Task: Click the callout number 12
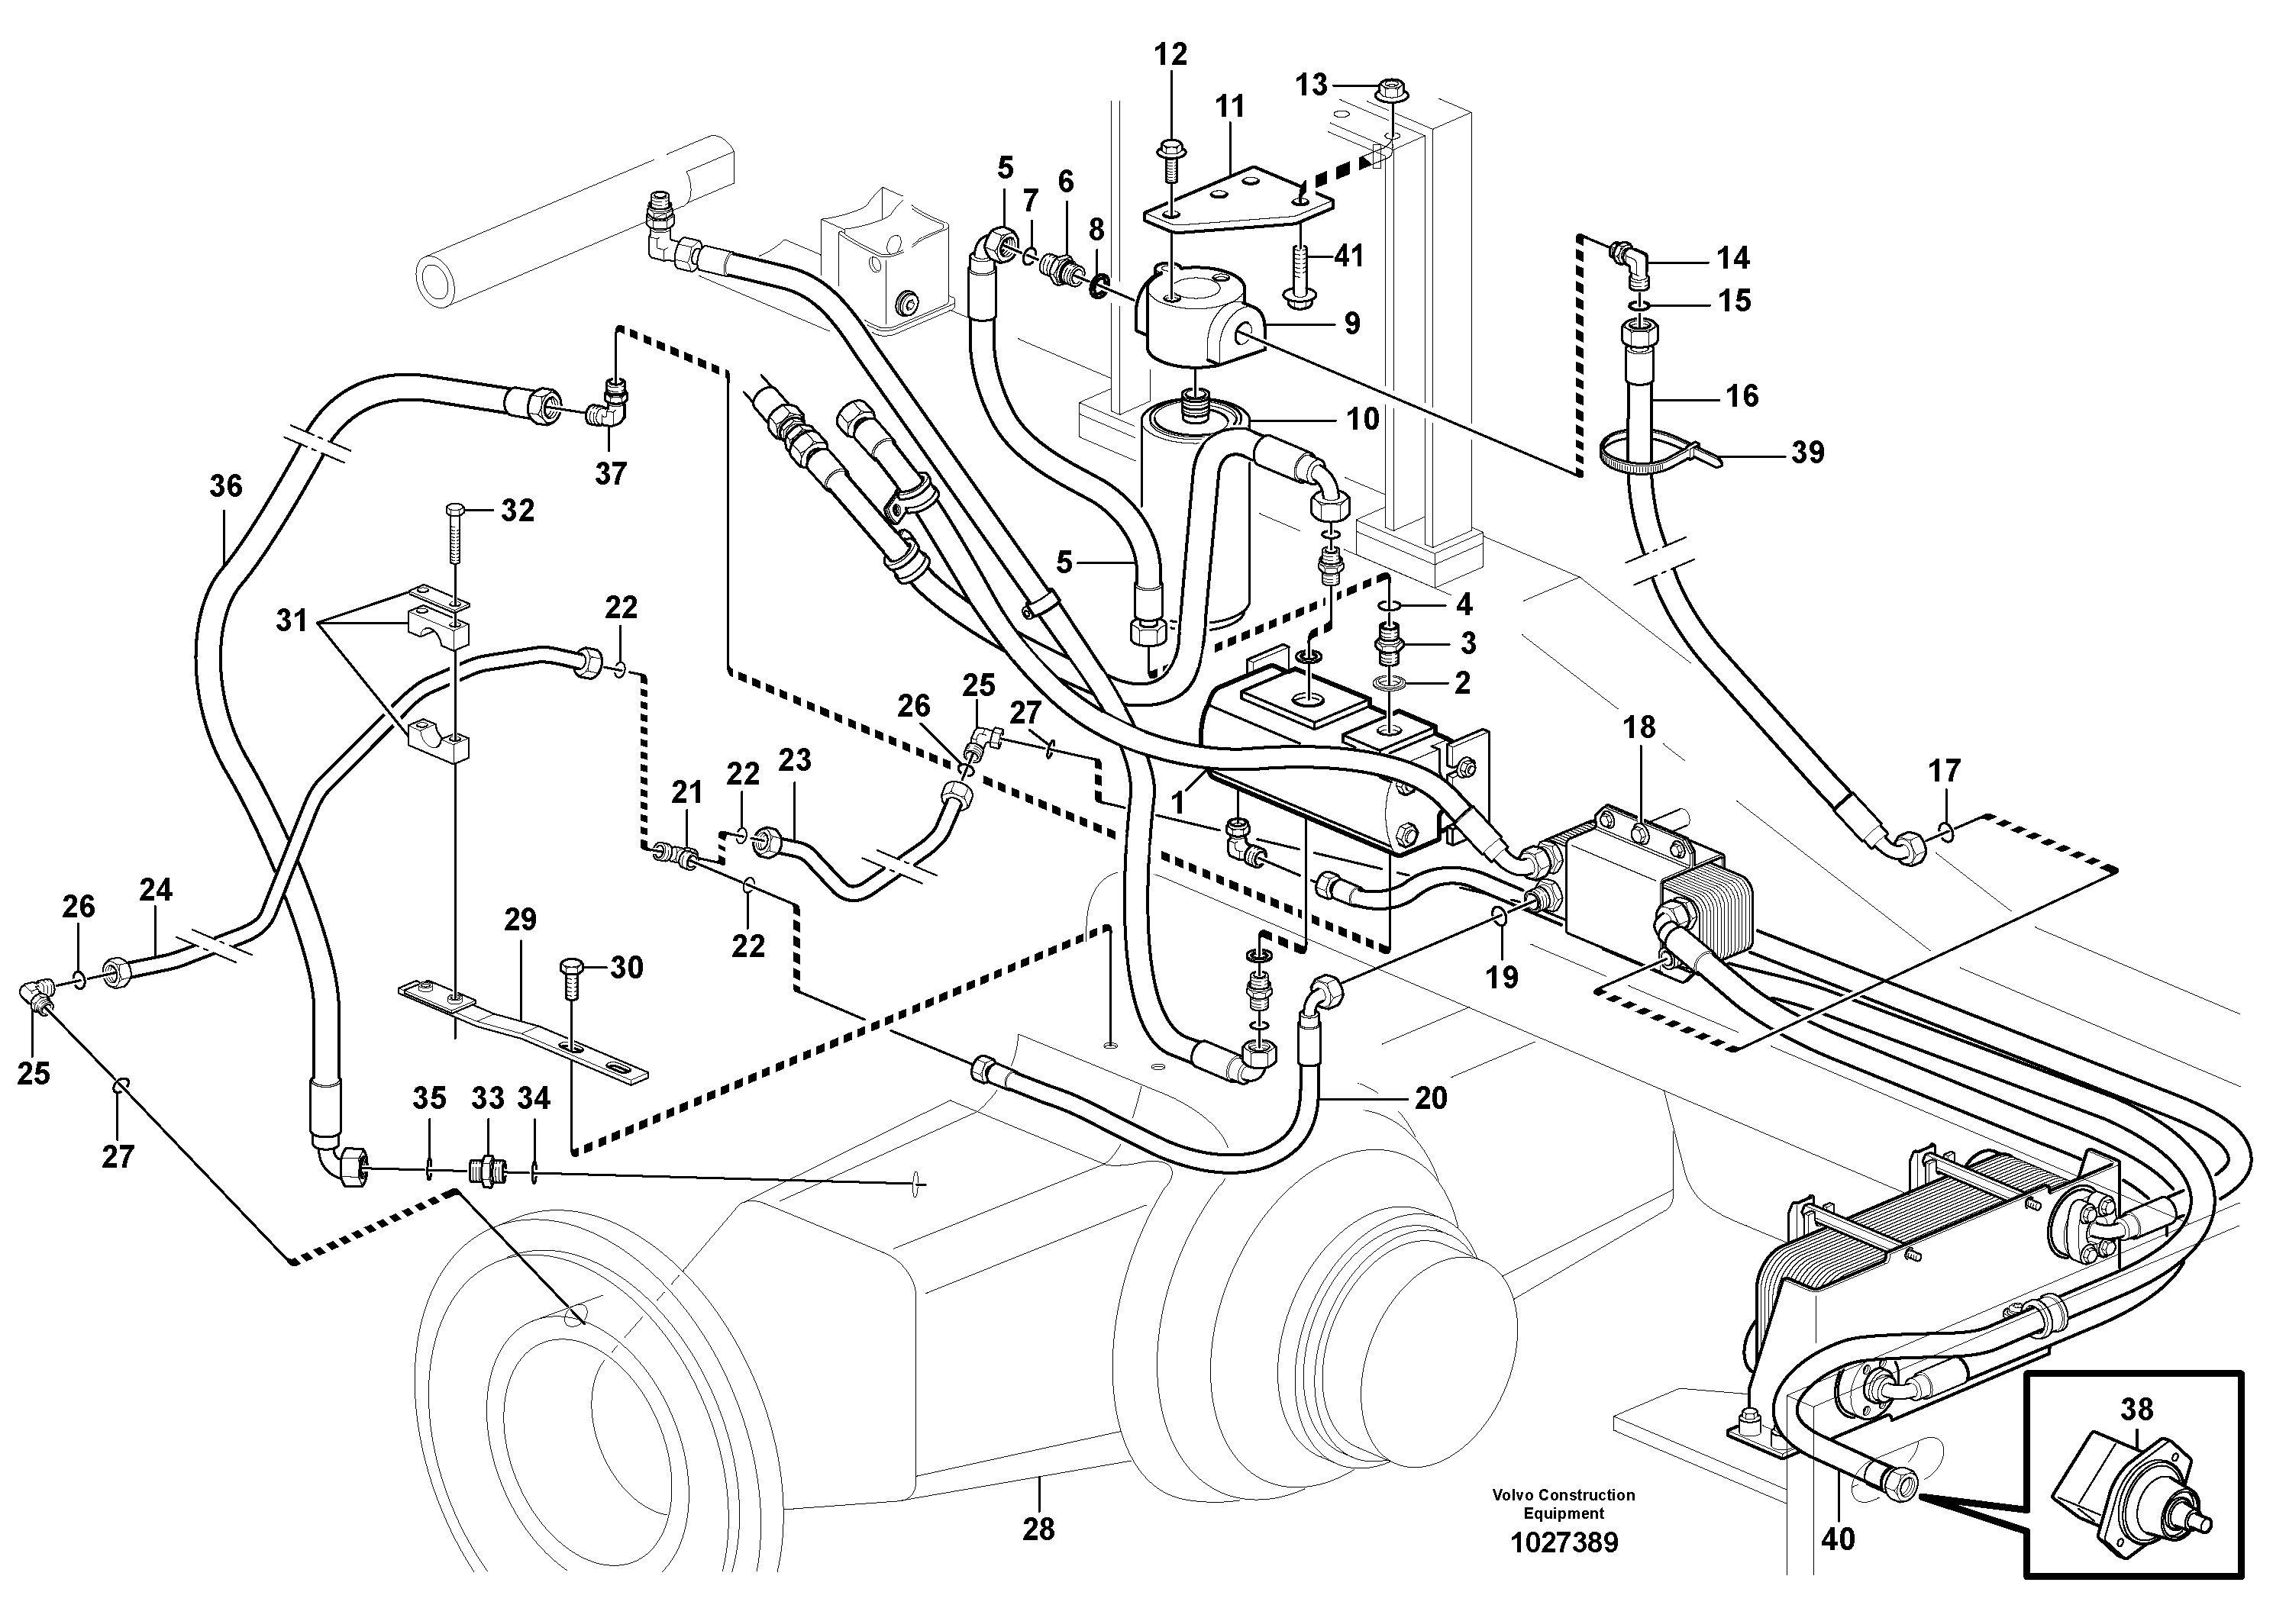[x=1170, y=54]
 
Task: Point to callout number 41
[x=1348, y=256]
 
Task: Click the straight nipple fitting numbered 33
[x=488, y=1171]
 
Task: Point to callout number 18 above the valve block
[x=1639, y=727]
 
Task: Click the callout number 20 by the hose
[x=1431, y=1097]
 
